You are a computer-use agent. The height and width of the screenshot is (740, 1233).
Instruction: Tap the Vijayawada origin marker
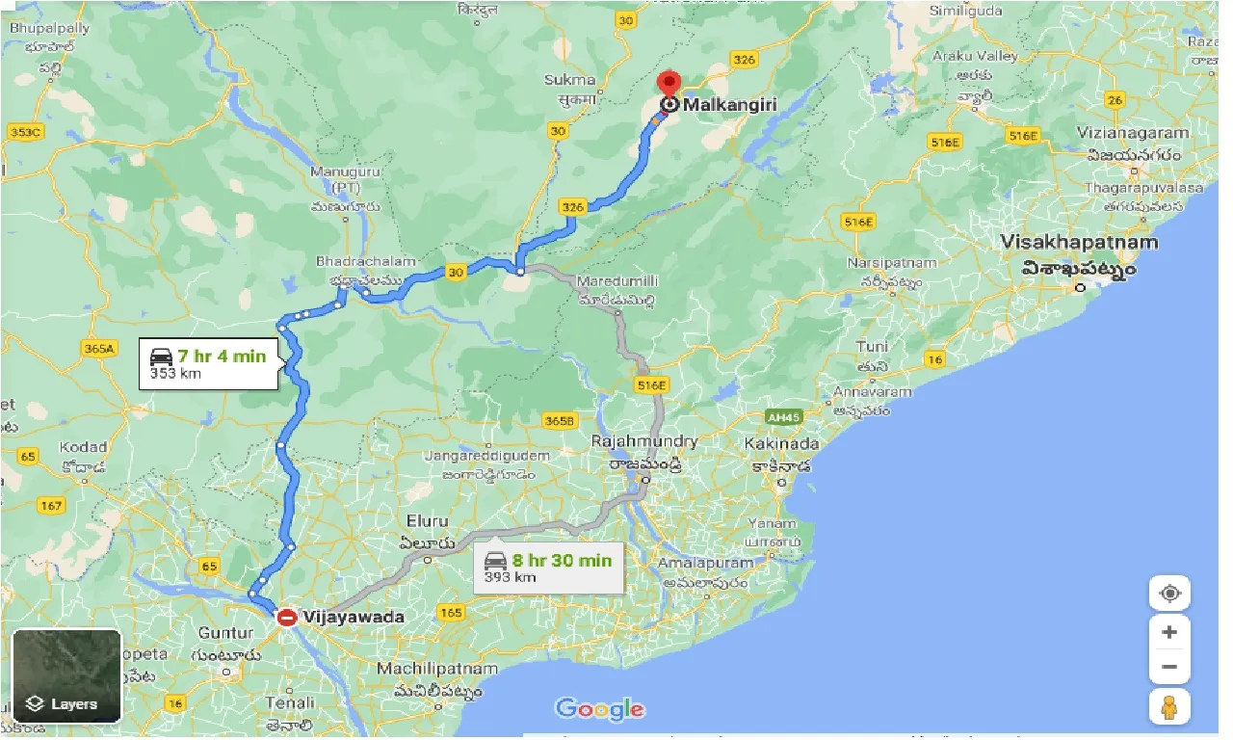pyautogui.click(x=286, y=617)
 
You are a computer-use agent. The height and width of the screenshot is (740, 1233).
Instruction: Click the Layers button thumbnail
pyautogui.click(x=66, y=676)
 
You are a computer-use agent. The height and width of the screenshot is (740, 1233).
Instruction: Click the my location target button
pyautogui.click(x=1169, y=593)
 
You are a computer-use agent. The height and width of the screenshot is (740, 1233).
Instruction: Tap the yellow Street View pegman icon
pyautogui.click(x=1169, y=708)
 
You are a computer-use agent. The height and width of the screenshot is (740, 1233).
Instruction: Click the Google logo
pyautogui.click(x=599, y=710)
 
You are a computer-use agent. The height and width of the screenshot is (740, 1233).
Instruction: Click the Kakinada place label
pyautogui.click(x=781, y=444)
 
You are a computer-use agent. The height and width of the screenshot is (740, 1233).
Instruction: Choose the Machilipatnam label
pyautogui.click(x=437, y=669)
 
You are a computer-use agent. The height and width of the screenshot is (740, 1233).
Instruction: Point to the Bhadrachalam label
pyautogui.click(x=366, y=261)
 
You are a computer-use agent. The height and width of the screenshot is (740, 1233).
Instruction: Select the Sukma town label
pyautogui.click(x=569, y=80)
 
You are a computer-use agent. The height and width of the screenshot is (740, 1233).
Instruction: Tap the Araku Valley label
pyautogui.click(x=975, y=56)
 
